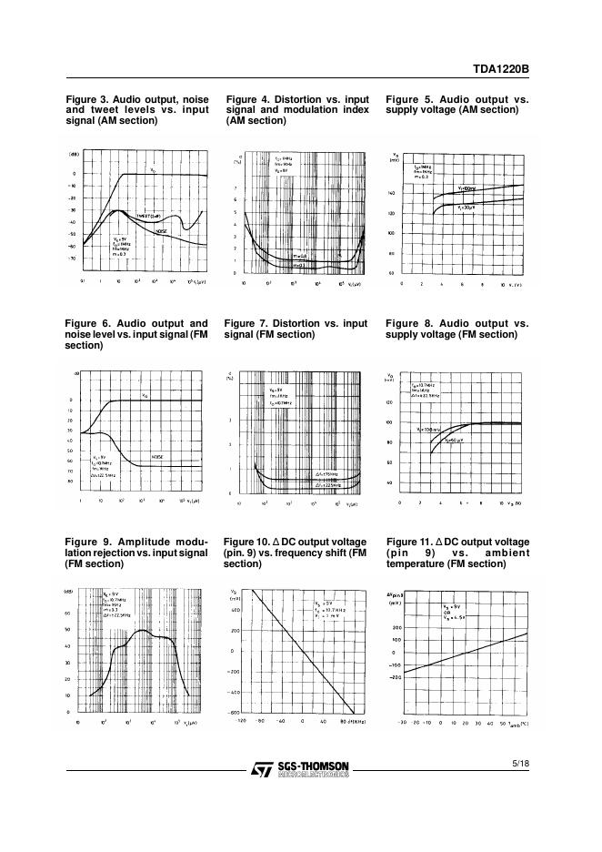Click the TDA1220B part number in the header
pos(501,67)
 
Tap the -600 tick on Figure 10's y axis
pos(234,712)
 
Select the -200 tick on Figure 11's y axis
pos(395,677)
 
